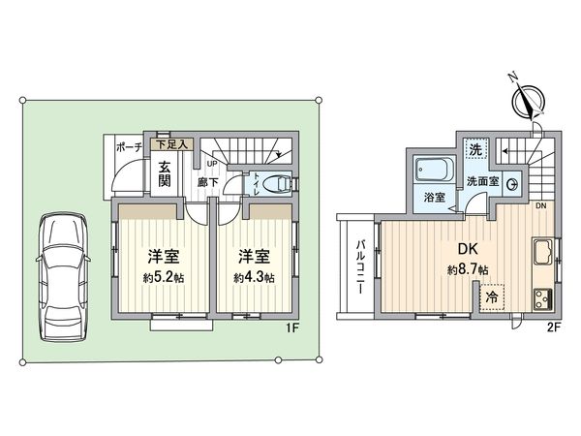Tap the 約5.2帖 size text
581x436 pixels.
pyautogui.click(x=162, y=277)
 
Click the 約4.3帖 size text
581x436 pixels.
pyautogui.click(x=254, y=277)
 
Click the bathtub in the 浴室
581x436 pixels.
pyautogui.click(x=432, y=173)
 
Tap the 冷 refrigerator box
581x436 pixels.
pyautogui.click(x=494, y=298)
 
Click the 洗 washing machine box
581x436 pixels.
pyautogui.click(x=474, y=150)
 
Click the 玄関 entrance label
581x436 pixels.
pyautogui.click(x=166, y=173)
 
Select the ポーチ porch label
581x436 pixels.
pyautogui.click(x=129, y=147)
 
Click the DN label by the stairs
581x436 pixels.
pyautogui.click(x=540, y=206)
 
